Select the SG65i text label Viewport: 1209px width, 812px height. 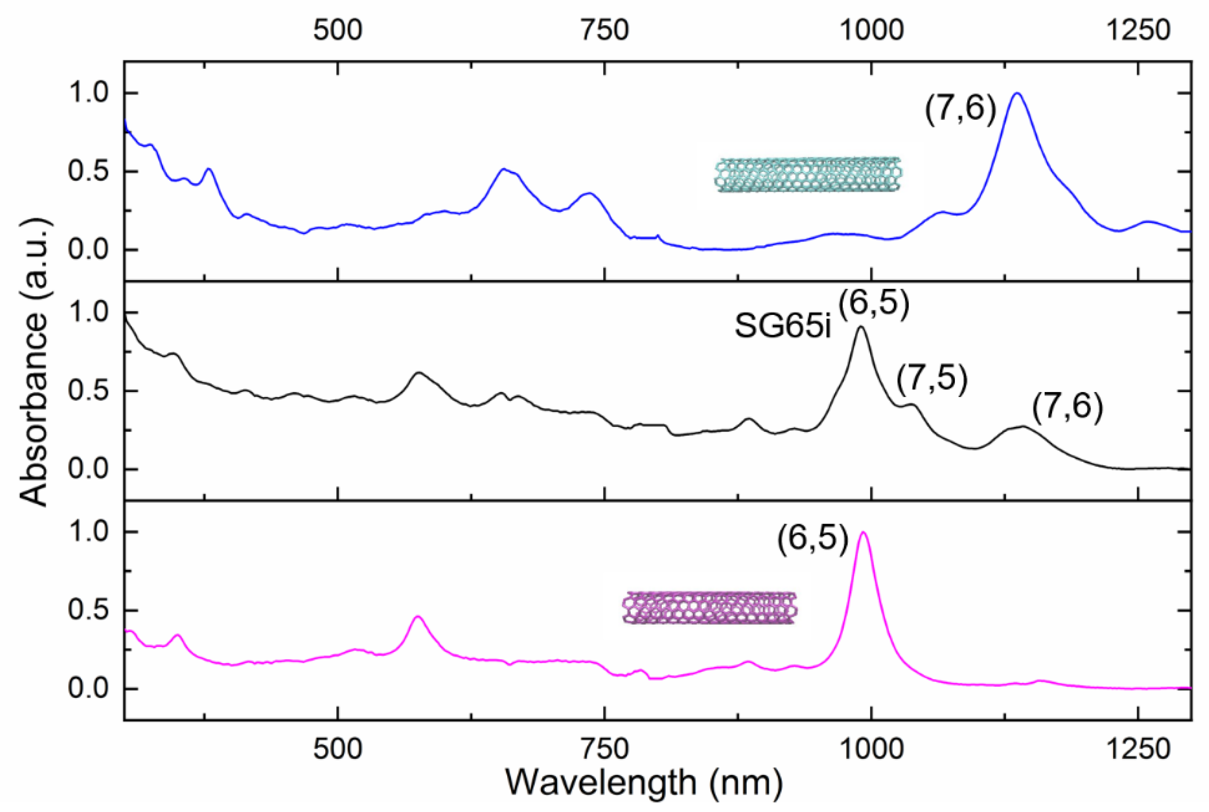782,327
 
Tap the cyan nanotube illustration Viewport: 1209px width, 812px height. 808,175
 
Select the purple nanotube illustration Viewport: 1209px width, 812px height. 710,608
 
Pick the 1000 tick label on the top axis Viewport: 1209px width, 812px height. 871,30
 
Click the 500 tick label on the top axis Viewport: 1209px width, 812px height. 337,30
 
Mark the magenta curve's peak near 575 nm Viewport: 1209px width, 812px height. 418,616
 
